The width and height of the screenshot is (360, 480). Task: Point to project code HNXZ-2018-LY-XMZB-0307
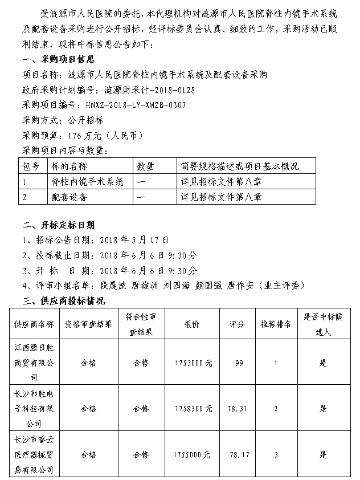[136, 105]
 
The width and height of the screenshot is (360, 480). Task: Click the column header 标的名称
[69, 166]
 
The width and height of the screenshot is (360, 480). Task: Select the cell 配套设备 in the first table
[69, 197]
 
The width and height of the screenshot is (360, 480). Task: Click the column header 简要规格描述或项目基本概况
[240, 166]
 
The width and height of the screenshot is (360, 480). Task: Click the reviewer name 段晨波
[112, 285]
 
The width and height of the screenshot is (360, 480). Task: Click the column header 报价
[191, 324]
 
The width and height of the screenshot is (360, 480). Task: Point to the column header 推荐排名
[276, 324]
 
